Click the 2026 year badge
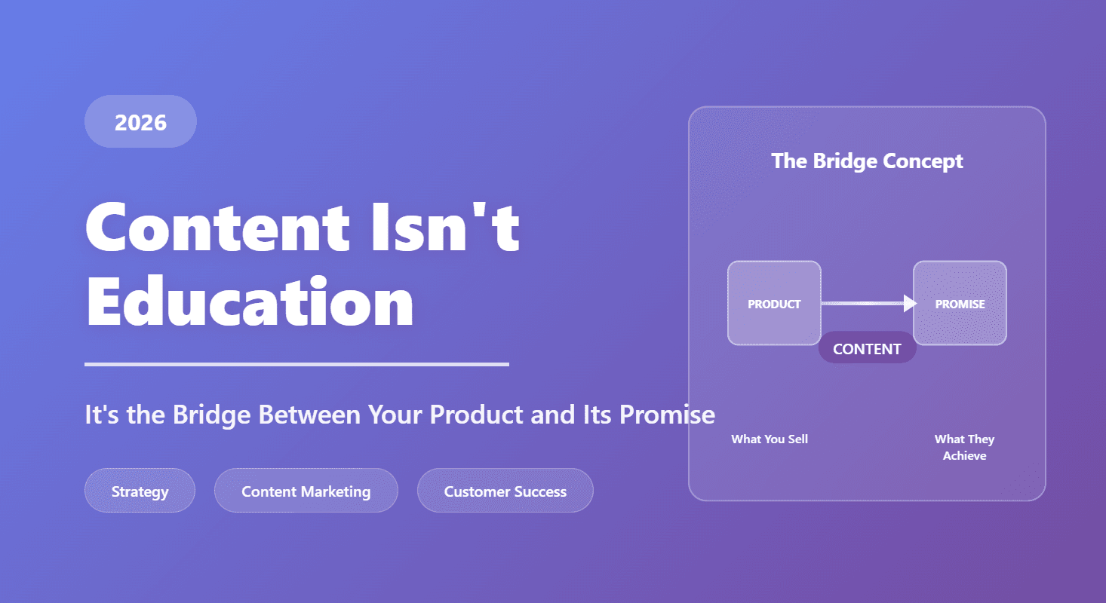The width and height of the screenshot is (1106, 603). (141, 121)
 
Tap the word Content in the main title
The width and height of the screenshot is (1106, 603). (218, 227)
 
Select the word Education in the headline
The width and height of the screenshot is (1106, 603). (250, 301)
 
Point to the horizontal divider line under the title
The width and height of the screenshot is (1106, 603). (296, 365)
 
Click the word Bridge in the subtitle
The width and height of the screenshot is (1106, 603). (212, 415)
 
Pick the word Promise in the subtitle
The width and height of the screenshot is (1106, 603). (667, 415)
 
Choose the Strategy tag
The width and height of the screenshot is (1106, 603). (140, 491)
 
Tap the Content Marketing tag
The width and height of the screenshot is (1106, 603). (306, 491)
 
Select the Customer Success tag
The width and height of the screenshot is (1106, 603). (505, 491)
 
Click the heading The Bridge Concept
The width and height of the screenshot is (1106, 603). (867, 161)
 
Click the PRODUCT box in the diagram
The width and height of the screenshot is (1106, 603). (774, 303)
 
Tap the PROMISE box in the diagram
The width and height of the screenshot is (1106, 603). (960, 303)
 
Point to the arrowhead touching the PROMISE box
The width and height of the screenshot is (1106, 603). (910, 303)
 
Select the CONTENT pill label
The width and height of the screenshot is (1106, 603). (867, 349)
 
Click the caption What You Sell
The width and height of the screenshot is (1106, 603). (770, 439)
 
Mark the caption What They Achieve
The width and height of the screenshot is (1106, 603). (964, 447)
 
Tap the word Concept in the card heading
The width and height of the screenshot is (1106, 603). (923, 161)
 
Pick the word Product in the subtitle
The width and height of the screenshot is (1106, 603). (477, 415)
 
